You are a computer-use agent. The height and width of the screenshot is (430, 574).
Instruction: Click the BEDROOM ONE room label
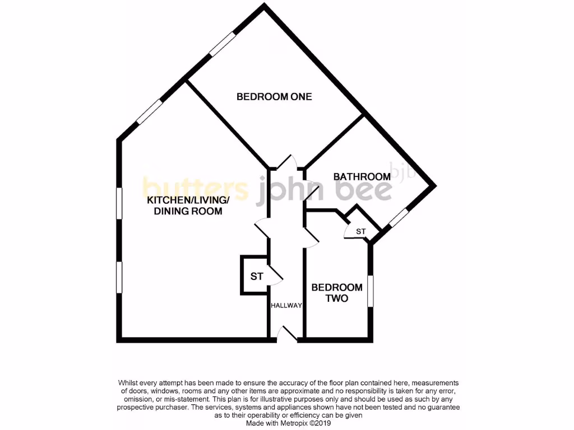tap(274, 97)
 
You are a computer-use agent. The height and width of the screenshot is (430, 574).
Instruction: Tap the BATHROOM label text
tap(362, 177)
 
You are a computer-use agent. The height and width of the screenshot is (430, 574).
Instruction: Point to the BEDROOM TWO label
tap(337, 293)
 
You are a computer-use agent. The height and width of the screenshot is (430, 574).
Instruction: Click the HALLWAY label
tap(286, 306)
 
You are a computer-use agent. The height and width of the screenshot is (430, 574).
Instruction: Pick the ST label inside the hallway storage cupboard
tap(257, 276)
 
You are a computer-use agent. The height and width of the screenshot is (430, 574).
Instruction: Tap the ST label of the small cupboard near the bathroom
tap(360, 231)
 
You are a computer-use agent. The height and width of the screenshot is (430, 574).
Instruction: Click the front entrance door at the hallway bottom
tap(288, 334)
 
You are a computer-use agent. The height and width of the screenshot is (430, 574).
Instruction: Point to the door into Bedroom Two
tap(311, 236)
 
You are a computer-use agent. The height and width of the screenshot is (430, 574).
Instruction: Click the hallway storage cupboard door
tap(276, 274)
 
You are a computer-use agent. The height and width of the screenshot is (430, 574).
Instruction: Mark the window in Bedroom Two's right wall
tap(371, 291)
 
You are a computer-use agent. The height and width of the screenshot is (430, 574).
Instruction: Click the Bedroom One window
tap(223, 44)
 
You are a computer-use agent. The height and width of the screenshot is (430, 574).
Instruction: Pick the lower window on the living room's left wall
tap(119, 277)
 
